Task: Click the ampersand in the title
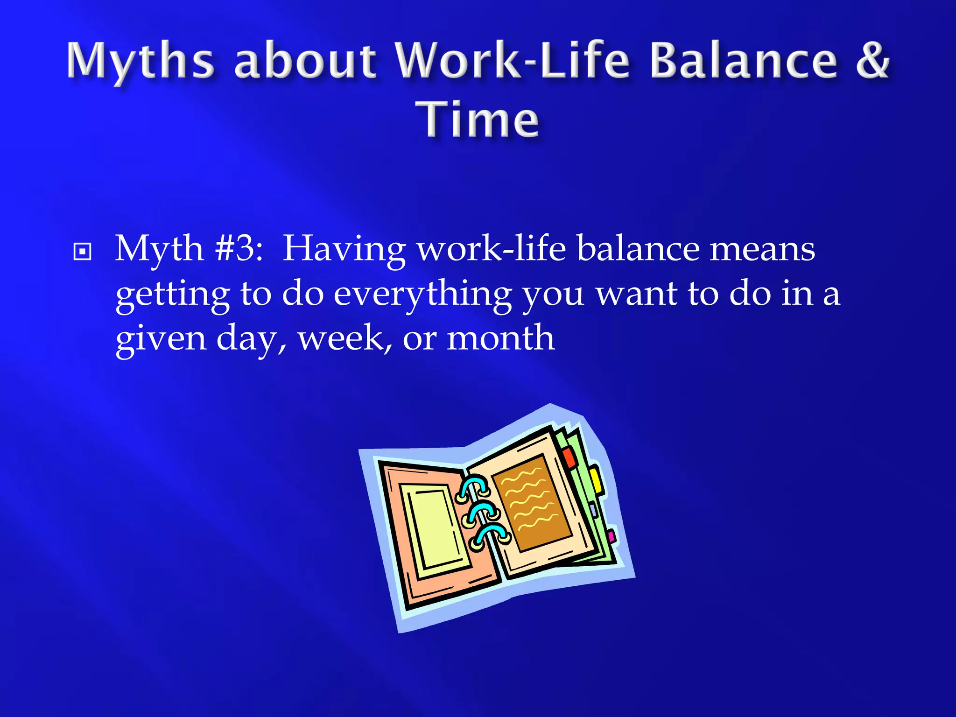click(x=872, y=61)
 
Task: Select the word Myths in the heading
click(x=140, y=62)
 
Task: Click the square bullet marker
click(x=83, y=252)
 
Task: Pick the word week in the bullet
click(x=344, y=338)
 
